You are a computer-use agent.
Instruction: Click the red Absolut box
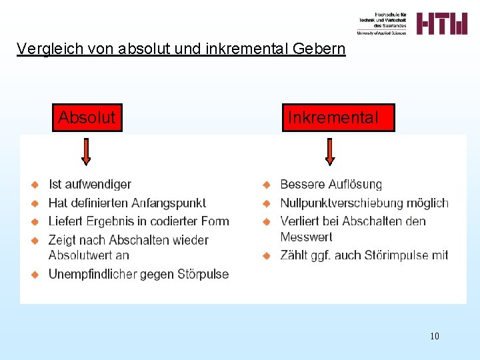87,118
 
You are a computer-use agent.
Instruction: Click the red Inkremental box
338,118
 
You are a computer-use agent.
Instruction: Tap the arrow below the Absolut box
85,151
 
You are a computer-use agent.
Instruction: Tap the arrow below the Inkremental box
329,151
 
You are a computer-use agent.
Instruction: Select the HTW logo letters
442,23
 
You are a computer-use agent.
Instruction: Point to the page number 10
435,336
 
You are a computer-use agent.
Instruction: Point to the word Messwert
306,237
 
